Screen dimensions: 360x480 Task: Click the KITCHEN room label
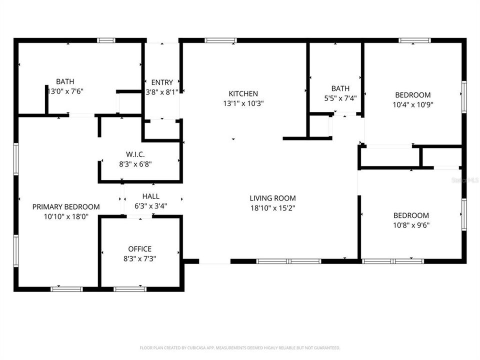pyautogui.click(x=243, y=93)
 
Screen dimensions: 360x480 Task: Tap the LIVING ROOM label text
pyautogui.click(x=272, y=198)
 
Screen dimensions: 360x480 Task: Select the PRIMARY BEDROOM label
pyautogui.click(x=66, y=206)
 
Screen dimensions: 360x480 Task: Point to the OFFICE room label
pyautogui.click(x=139, y=249)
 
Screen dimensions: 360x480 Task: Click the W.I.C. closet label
pyautogui.click(x=135, y=154)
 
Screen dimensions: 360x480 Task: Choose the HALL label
pyautogui.click(x=150, y=196)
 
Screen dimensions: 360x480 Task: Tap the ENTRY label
pyautogui.click(x=162, y=82)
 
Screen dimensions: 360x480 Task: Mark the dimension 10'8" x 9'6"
pyautogui.click(x=411, y=225)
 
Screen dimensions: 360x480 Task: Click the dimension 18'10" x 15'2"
pyautogui.click(x=272, y=208)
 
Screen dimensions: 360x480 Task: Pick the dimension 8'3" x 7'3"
pyautogui.click(x=139, y=258)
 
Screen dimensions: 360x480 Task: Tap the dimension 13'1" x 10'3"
pyautogui.click(x=243, y=103)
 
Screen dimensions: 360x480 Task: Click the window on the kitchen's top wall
pyautogui.click(x=220, y=40)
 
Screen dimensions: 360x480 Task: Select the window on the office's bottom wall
pyautogui.click(x=130, y=289)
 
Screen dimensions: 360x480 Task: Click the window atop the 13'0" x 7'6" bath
pyautogui.click(x=106, y=40)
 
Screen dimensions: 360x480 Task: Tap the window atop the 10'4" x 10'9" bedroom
pyautogui.click(x=414, y=40)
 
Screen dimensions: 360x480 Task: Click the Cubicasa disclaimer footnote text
pyautogui.click(x=239, y=347)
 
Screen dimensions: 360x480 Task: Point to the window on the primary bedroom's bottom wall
pyautogui.click(x=67, y=289)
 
